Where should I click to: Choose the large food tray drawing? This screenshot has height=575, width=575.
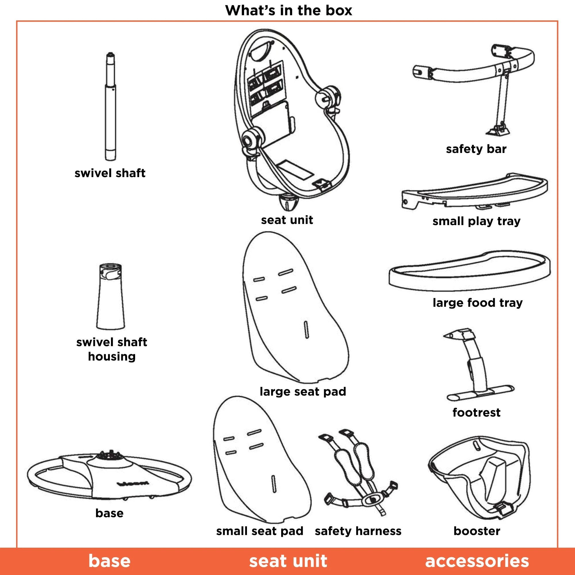pyautogui.click(x=470, y=271)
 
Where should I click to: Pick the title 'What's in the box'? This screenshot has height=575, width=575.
pyautogui.click(x=289, y=10)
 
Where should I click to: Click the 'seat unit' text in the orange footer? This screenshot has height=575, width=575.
pyautogui.click(x=288, y=561)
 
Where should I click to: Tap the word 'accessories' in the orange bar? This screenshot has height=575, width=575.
pyautogui.click(x=477, y=561)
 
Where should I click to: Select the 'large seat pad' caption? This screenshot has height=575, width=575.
pyautogui.click(x=303, y=391)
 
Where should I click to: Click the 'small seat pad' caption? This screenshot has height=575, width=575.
pyautogui.click(x=260, y=531)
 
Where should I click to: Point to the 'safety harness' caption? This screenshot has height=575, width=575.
pyautogui.click(x=358, y=531)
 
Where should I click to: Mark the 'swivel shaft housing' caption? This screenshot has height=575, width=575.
pyautogui.click(x=112, y=349)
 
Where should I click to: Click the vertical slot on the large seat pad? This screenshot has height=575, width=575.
pyautogui.click(x=306, y=330)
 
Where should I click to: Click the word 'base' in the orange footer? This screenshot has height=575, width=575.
pyautogui.click(x=110, y=561)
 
